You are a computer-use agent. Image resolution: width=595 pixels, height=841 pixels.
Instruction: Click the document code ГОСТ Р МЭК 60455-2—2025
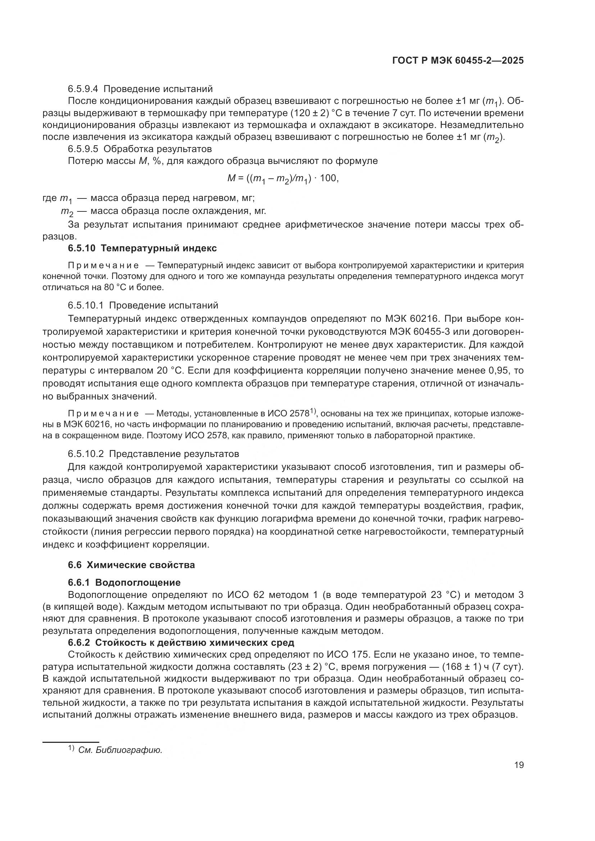(458, 61)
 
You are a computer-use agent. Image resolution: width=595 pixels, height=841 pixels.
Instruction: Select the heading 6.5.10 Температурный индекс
(142, 248)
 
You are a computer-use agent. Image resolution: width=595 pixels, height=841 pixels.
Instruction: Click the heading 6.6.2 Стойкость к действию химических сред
(181, 643)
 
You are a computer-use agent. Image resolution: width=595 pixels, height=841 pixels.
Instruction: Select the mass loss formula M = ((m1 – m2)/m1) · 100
(282, 178)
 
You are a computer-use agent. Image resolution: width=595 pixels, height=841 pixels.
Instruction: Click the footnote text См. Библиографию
(120, 750)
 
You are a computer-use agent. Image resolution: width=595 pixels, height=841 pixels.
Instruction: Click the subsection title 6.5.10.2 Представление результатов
(153, 454)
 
